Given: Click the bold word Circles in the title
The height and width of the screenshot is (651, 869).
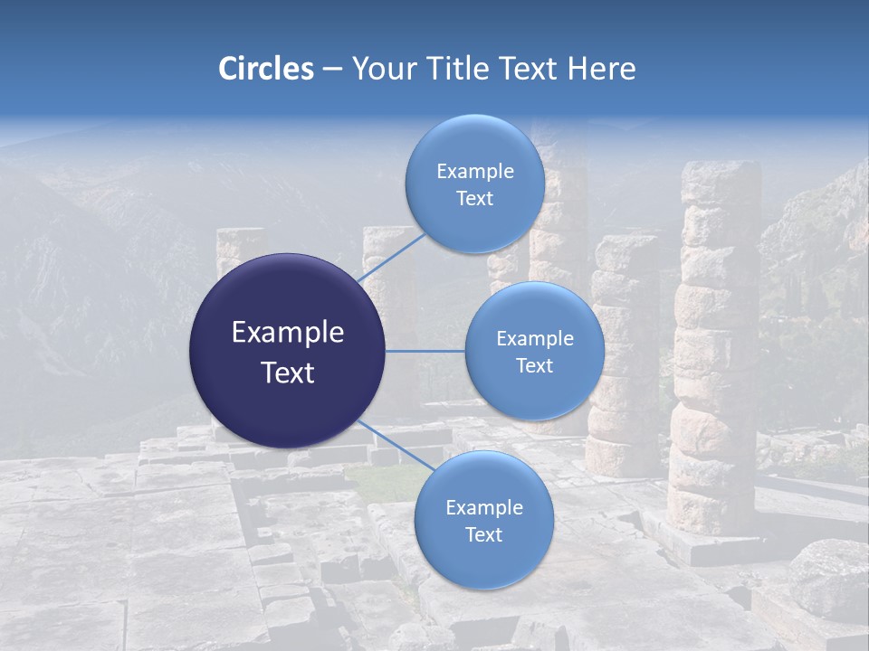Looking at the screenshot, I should point(266,69).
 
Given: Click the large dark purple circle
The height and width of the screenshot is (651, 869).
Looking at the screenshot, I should point(288,351).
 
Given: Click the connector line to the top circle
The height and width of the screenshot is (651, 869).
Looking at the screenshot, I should point(391,258).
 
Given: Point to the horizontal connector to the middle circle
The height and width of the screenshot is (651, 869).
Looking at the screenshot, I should point(425,351).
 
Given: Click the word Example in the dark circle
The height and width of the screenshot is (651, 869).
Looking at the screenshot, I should point(288,333).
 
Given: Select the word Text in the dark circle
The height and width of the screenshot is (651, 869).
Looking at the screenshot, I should point(288,373).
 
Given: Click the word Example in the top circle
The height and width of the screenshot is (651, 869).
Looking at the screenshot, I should point(474,172).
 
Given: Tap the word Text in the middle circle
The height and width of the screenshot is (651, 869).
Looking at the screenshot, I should point(534,366).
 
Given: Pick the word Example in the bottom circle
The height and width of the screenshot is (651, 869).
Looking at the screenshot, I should point(483,508).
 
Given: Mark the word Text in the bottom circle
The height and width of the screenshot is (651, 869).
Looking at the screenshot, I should point(483,535).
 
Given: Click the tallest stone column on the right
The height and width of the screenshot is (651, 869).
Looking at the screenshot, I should point(717,344).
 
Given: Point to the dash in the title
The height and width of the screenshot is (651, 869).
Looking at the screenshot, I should point(331,70).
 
